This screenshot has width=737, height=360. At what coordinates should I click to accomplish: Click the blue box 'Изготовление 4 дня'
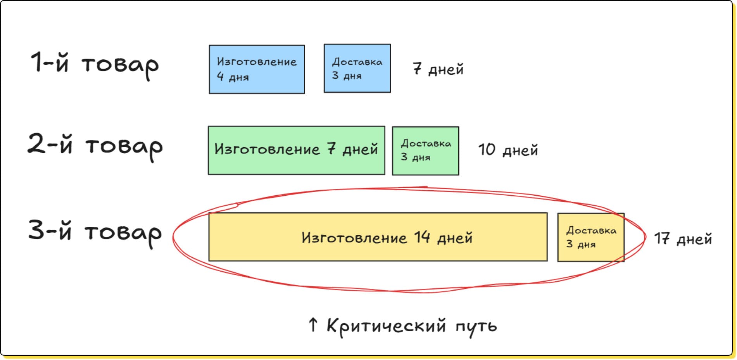257,69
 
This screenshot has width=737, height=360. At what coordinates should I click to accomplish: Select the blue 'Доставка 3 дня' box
357,68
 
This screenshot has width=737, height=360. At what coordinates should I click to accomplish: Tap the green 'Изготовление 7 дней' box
296,150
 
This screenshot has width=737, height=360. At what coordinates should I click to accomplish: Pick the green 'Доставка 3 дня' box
425,151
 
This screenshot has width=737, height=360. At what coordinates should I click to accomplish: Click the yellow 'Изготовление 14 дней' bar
378,237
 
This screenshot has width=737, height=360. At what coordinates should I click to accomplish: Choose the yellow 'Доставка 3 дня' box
590,237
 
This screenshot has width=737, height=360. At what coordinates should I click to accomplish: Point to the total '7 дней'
438,69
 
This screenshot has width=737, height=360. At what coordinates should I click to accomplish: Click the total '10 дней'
508,150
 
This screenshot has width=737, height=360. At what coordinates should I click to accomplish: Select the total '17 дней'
683,239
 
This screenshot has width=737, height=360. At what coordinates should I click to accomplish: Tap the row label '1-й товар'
95,64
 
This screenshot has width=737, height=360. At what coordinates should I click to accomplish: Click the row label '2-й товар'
95,146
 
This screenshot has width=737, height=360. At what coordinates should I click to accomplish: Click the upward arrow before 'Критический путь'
313,325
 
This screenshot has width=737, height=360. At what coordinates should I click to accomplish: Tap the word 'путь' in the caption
476,326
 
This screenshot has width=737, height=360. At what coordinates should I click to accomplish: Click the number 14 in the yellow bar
422,237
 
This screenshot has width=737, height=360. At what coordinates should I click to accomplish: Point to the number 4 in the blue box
220,77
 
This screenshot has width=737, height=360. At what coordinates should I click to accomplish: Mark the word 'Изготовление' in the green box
267,150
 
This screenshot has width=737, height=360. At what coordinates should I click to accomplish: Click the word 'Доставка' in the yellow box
591,231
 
